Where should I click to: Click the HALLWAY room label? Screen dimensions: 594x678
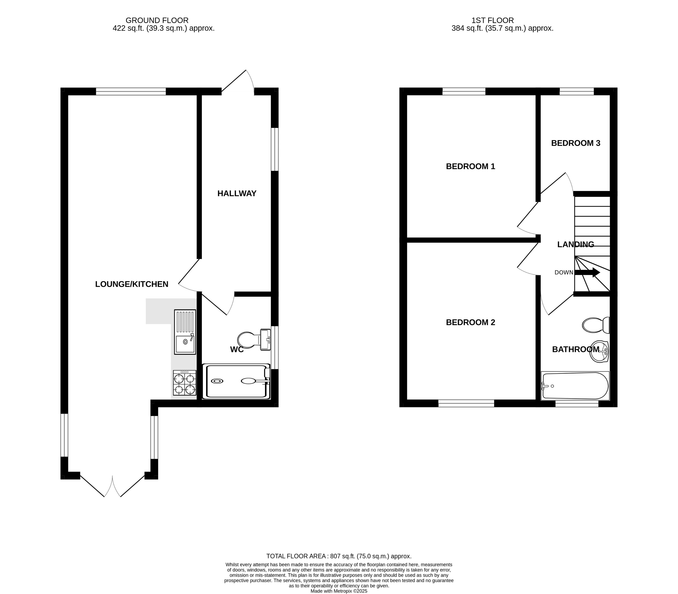pyautogui.click(x=237, y=194)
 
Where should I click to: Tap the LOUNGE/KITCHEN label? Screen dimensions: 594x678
pyautogui.click(x=132, y=284)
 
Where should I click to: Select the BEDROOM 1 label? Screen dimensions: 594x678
pyautogui.click(x=470, y=166)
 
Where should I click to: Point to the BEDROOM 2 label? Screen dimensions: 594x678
pyautogui.click(x=470, y=322)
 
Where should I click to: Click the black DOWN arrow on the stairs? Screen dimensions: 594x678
pyautogui.click(x=587, y=272)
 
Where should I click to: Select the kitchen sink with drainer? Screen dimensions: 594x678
pyautogui.click(x=185, y=332)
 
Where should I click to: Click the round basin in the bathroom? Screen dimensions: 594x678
pyautogui.click(x=599, y=351)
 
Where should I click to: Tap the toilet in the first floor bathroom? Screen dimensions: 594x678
pyautogui.click(x=595, y=325)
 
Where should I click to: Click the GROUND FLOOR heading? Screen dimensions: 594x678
pyautogui.click(x=157, y=21)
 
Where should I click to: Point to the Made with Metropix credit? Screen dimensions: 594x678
pyautogui.click(x=339, y=591)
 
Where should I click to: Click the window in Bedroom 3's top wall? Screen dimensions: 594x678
pyautogui.click(x=577, y=91)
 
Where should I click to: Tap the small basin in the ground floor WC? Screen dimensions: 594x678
pyautogui.click(x=265, y=339)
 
